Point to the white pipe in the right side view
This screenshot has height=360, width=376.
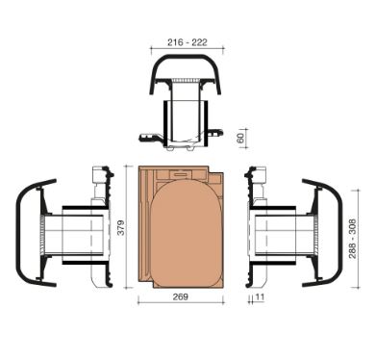coord(284,235)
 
